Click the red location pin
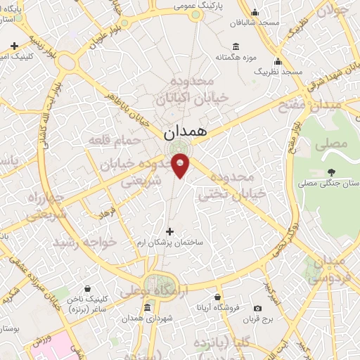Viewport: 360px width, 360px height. point(181,165)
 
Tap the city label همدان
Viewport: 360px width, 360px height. point(184,132)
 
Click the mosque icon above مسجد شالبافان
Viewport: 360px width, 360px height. point(255,12)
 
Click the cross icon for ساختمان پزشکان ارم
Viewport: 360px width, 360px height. point(169,231)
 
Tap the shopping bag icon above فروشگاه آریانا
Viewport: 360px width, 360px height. point(218,297)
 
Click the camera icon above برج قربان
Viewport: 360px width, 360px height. point(258,309)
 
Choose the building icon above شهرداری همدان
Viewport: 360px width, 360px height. point(147,308)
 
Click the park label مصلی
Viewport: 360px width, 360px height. point(333,145)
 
